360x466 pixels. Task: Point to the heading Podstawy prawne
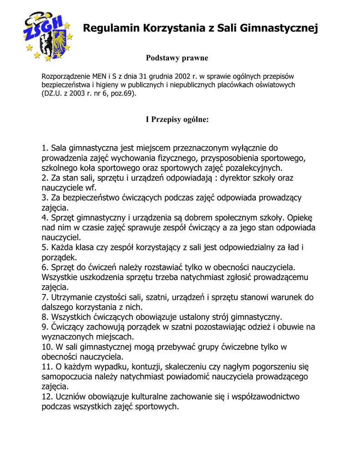tap(177, 58)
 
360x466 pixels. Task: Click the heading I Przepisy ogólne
tap(177, 120)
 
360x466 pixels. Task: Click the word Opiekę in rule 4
tap(300, 218)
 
